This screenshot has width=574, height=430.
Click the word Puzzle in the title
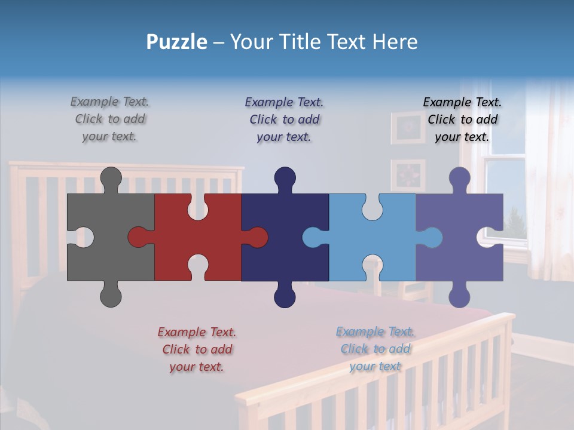[177, 42]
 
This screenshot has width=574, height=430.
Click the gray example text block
[110, 119]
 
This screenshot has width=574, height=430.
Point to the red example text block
[197, 349]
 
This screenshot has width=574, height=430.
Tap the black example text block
[462, 119]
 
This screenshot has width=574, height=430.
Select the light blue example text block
[375, 349]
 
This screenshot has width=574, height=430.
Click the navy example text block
[285, 119]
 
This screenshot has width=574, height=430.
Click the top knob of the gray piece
[111, 178]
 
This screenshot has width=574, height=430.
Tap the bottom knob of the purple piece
[459, 296]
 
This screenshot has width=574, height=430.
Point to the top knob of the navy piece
[285, 178]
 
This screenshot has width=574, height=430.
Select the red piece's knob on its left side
[139, 237]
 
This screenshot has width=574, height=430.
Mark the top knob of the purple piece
[459, 178]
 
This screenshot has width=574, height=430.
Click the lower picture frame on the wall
[408, 175]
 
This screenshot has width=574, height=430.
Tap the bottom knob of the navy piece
[285, 296]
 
